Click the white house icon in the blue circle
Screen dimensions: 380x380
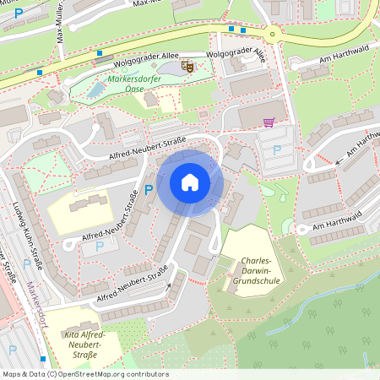(190, 182)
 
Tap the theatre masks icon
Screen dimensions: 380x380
(188, 64)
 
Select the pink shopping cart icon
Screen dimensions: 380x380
(269, 122)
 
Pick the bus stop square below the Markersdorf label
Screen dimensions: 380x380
(43, 359)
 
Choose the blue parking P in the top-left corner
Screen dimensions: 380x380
(19, 14)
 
